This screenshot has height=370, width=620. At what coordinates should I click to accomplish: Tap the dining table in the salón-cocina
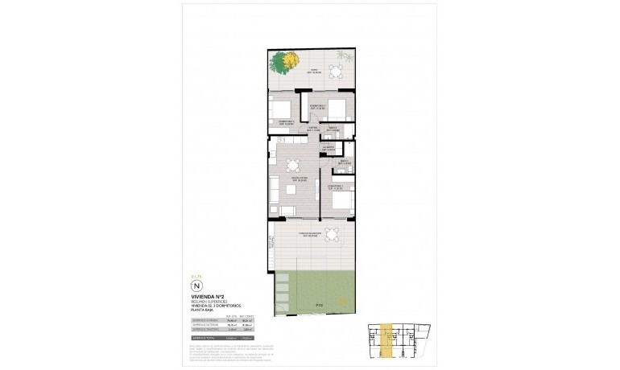291,166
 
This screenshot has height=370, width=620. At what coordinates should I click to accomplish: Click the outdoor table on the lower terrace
330,235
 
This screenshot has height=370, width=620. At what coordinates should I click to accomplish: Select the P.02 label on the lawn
320,305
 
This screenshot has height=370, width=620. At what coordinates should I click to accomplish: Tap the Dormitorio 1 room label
337,187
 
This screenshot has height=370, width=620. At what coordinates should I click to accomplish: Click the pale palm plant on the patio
345,58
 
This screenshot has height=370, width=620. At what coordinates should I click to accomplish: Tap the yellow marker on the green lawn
341,302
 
